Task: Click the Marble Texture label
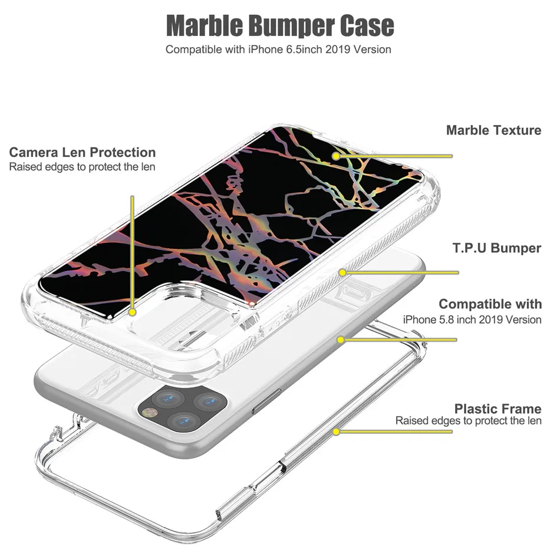coord(493,130)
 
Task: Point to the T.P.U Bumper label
coord(497,248)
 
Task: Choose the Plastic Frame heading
coord(498,409)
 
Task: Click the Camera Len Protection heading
coord(83,153)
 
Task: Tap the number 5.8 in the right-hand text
coord(452,319)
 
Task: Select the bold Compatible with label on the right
coord(490,304)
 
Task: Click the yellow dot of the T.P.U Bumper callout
coord(342,272)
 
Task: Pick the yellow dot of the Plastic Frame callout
coord(337,431)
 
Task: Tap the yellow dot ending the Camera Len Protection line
coord(133,312)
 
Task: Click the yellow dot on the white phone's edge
coord(341,340)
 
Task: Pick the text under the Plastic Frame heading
coord(468,421)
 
